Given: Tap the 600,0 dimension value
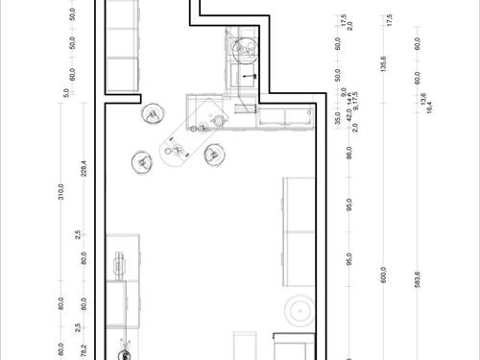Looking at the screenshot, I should click(383, 275).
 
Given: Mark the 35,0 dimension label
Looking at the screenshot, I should click(338, 120).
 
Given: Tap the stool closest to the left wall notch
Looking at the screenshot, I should click(153, 115).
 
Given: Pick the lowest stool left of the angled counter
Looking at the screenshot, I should click(143, 162).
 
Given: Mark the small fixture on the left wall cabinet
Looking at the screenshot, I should click(121, 260).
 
